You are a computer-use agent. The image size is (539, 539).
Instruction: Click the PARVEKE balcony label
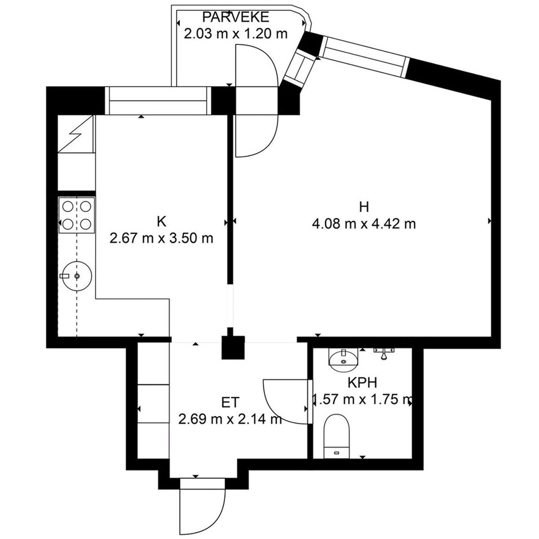(235, 18)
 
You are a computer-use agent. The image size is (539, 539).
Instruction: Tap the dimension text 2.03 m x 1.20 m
(235, 34)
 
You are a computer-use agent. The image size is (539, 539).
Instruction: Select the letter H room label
(364, 207)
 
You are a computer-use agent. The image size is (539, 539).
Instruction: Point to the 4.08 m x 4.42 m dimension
(364, 224)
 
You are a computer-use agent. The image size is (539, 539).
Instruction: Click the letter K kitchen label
(162, 222)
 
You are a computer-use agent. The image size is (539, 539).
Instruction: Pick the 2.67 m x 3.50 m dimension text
(161, 239)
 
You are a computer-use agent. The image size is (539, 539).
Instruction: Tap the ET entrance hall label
(230, 402)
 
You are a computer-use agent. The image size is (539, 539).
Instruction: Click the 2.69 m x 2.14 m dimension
(230, 419)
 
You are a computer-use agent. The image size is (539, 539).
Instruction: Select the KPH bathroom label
(362, 383)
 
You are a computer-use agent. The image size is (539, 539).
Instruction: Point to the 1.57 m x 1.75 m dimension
(362, 399)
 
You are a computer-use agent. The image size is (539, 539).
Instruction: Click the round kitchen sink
(77, 276)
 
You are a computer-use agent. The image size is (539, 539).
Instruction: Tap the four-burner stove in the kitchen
(77, 215)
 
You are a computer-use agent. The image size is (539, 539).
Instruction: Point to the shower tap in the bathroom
(384, 353)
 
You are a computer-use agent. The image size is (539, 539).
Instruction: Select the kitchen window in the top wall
(158, 101)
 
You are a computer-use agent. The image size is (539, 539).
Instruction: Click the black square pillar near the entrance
(233, 347)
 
